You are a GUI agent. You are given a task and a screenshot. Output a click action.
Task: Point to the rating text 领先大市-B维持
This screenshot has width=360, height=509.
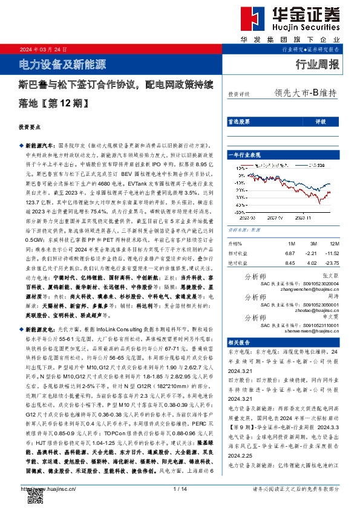305,93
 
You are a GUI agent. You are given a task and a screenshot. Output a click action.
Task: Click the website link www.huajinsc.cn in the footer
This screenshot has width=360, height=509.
47,488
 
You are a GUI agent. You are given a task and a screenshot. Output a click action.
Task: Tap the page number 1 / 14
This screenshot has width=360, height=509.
180,488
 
